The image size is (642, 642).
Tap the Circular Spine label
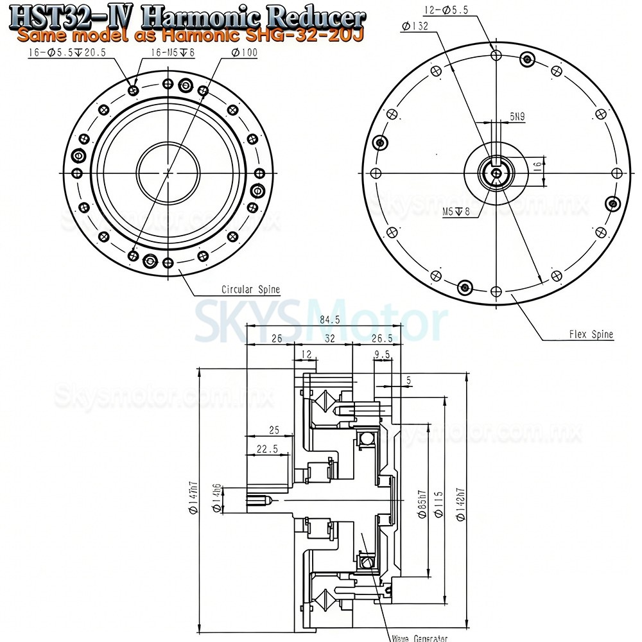pos(241,290)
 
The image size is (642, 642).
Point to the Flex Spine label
pos(591,334)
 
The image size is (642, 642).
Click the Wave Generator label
pos(419,638)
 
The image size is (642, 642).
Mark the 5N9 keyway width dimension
pos(517,116)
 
